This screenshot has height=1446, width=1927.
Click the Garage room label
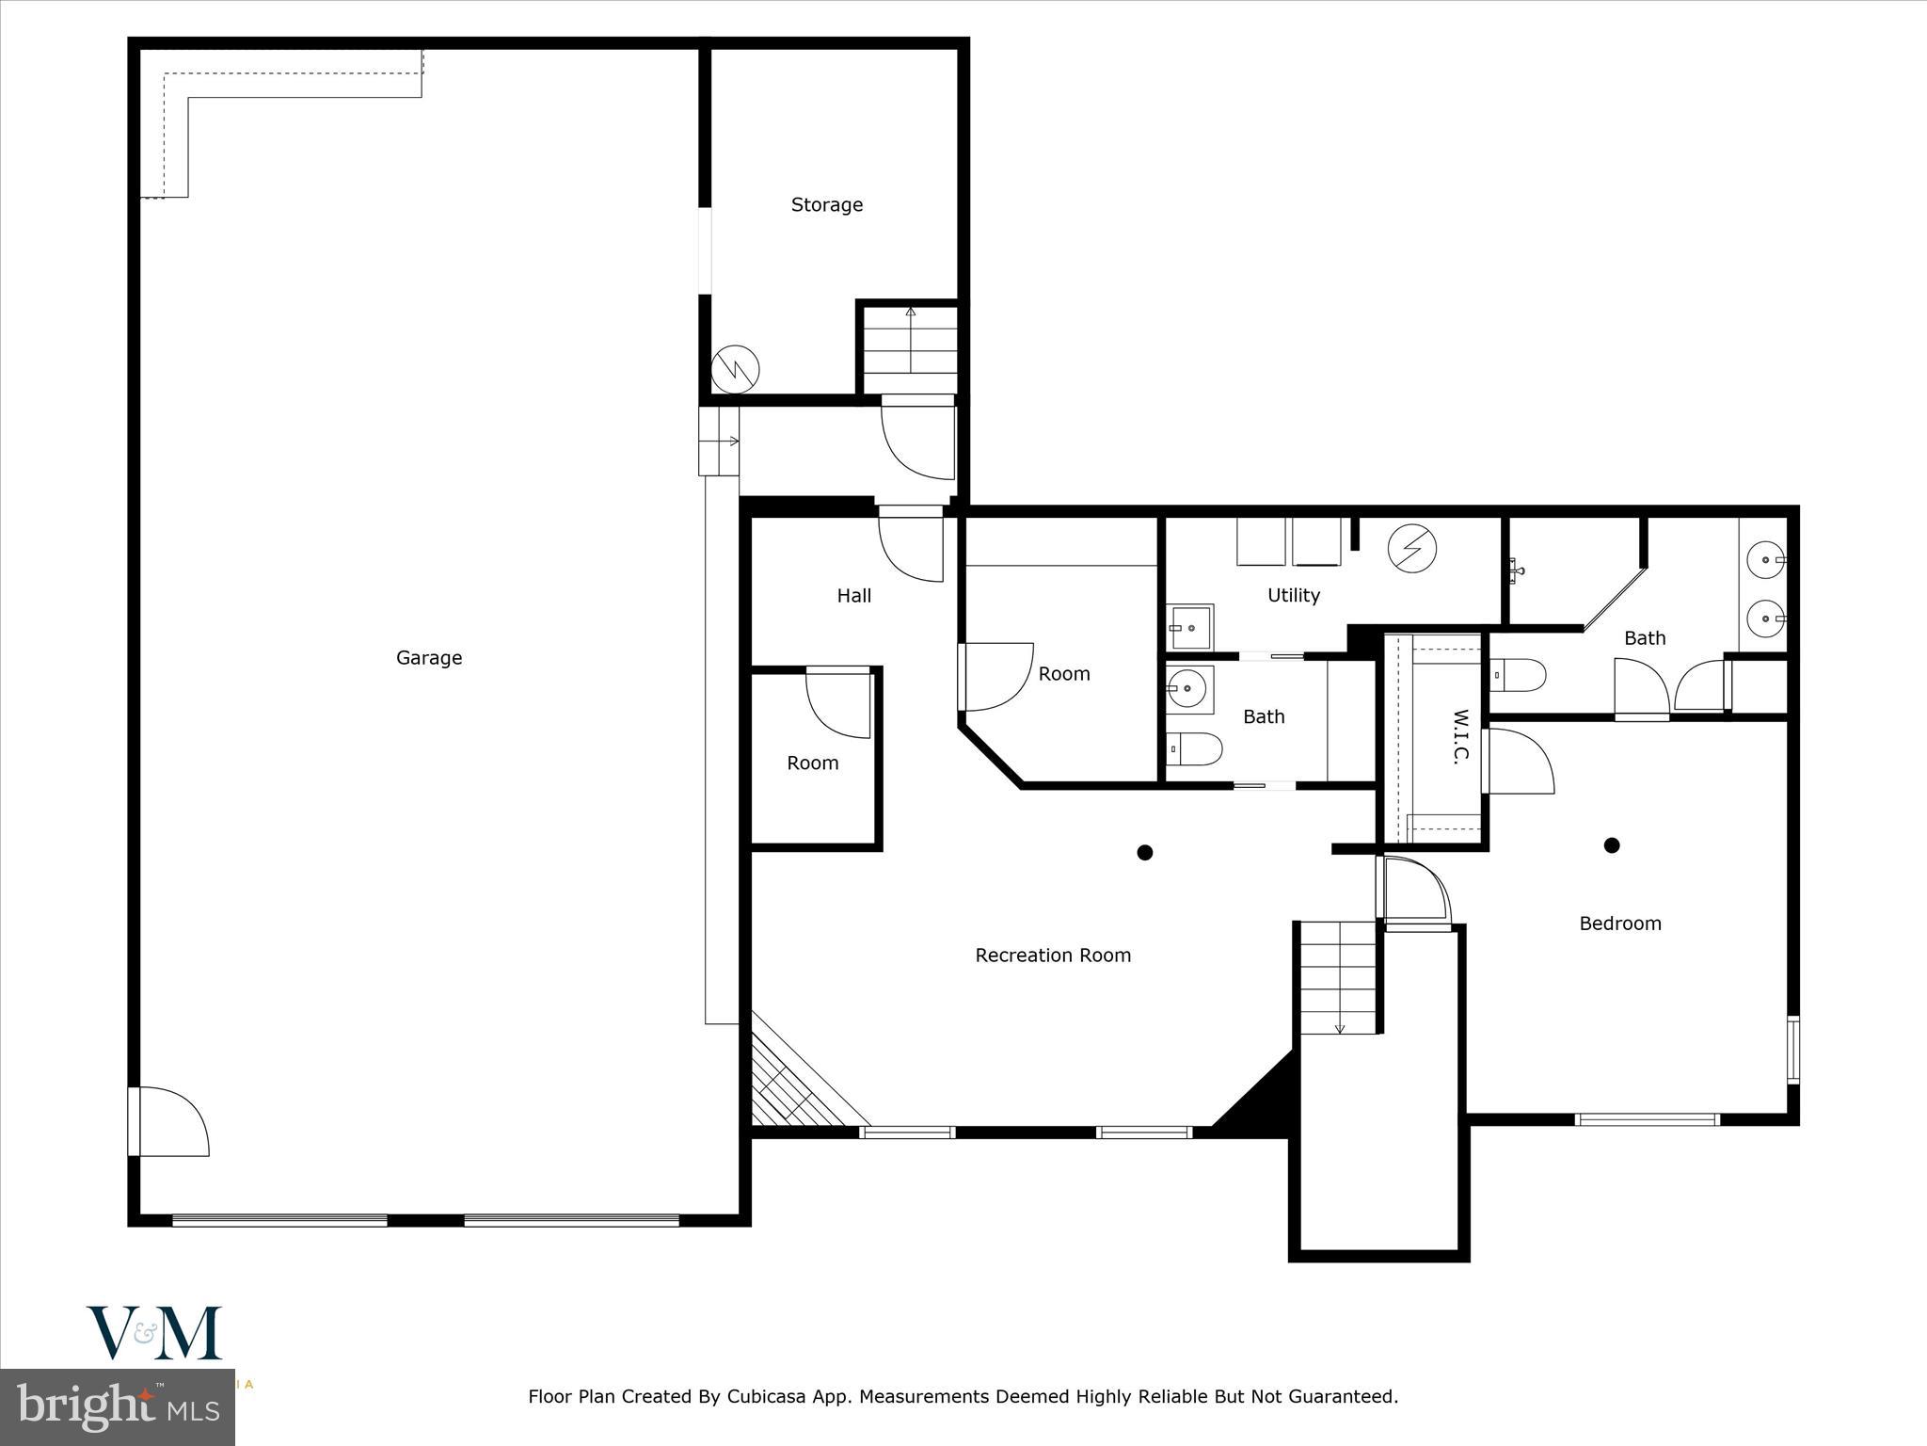(x=429, y=658)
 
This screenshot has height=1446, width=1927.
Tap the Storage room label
(x=826, y=205)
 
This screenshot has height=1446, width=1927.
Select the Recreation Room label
(x=1053, y=956)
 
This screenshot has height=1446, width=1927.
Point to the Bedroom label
(x=1619, y=924)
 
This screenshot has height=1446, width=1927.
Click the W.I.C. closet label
(x=1460, y=737)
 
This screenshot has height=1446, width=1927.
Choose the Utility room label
(x=1293, y=595)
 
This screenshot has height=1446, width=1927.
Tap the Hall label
(x=853, y=596)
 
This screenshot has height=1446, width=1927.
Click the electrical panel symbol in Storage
(x=735, y=369)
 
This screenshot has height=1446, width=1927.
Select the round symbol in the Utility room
(x=1412, y=549)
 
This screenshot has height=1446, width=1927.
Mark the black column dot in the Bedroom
(x=1612, y=845)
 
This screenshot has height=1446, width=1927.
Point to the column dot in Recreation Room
(x=1145, y=853)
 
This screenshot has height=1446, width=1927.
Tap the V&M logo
(x=154, y=1332)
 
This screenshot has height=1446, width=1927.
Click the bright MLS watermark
(x=118, y=1407)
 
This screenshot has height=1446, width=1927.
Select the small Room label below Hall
(x=812, y=763)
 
